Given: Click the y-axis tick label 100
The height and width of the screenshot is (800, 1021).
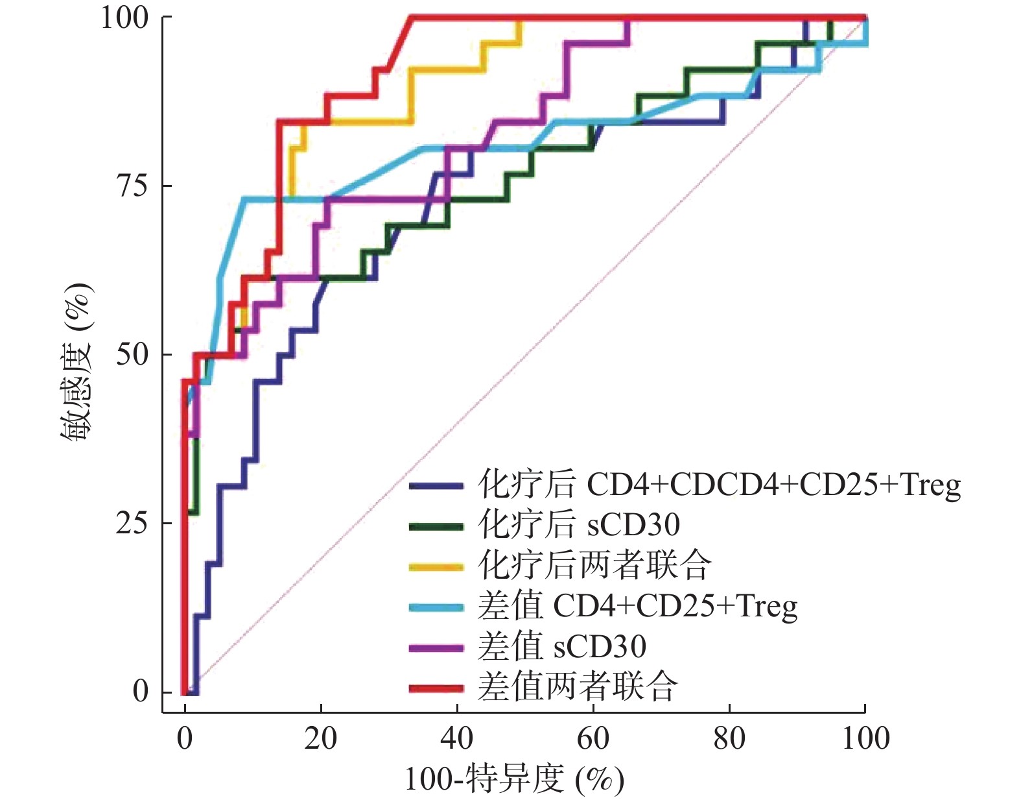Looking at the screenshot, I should coord(124,18).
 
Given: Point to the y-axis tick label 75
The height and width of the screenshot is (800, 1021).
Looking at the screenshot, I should coord(133,186).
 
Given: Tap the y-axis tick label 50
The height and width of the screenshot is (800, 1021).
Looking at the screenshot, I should coord(133,355).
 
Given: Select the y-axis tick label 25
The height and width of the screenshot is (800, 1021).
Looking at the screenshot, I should coord(133,524).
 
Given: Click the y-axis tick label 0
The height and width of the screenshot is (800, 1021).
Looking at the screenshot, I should coord(141,692).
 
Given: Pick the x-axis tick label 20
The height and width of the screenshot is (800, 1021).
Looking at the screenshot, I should coord(321,738).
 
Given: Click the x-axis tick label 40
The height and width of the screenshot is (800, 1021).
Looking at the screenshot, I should coord(457,738).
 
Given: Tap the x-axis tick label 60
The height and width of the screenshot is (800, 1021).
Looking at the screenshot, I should coord(593,738).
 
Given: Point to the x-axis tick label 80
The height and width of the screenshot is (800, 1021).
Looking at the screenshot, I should coord(729,738).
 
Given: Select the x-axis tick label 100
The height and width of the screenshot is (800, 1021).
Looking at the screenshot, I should coord(865,738).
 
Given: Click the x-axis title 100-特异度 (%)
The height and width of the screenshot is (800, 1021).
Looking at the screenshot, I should coord(514,779).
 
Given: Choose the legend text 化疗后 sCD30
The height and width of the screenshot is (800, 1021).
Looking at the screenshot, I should coord(579,524).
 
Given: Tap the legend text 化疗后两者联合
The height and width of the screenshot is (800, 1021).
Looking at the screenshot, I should coord(594,565).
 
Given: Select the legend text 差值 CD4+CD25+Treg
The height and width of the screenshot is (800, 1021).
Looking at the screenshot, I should coord(637,606).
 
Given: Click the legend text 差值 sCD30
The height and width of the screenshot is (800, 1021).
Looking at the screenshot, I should coord(562,646).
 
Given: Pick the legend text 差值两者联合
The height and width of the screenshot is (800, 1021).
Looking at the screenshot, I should coord(578,686).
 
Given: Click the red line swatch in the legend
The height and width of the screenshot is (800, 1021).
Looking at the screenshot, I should coord(436,688).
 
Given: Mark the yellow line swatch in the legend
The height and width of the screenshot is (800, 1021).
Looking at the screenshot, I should coord(436,566).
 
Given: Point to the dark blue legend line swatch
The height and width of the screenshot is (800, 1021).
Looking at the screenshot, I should coord(436,485).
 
